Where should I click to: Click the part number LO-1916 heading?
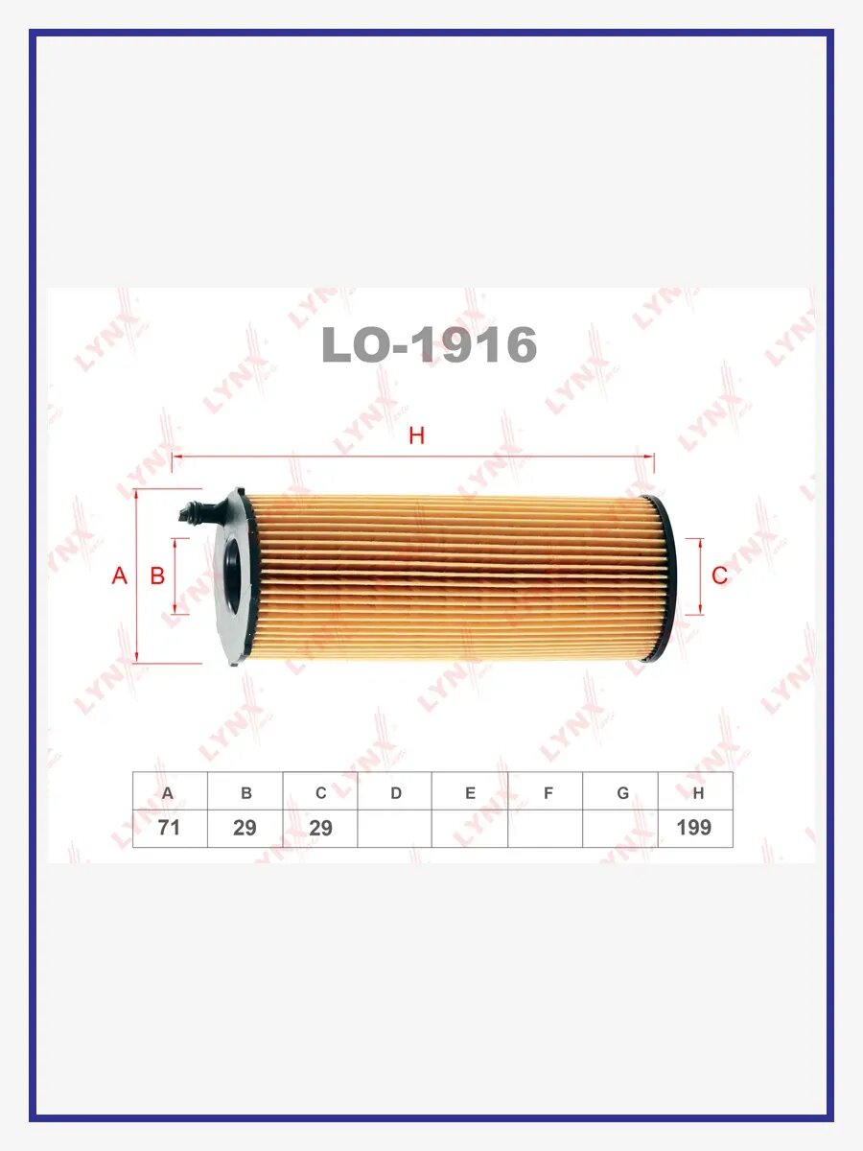point(429,344)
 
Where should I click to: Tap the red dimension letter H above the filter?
point(416,435)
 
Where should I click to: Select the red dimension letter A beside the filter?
point(120,575)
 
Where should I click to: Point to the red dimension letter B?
point(157,575)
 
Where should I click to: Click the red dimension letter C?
point(719,575)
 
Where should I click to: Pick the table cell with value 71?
point(170,828)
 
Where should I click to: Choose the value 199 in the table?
point(693,828)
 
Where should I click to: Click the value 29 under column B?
point(245,828)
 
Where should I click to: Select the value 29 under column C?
point(320,828)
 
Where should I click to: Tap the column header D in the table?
point(396,793)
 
